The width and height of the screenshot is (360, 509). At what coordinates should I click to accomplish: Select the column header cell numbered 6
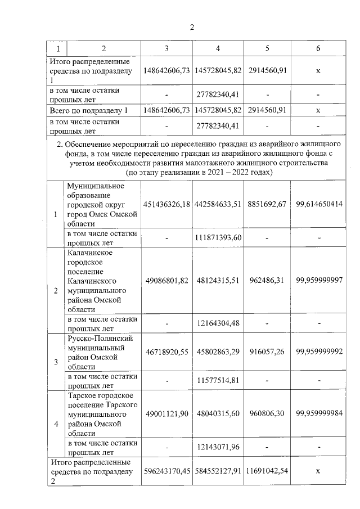point(318,48)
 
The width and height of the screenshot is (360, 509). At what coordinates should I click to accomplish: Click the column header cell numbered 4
point(218,48)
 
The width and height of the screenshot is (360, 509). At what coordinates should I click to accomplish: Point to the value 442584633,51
point(218,204)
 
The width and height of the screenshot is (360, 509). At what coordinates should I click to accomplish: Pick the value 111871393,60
point(218,237)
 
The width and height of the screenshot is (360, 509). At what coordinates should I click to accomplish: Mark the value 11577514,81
point(218,380)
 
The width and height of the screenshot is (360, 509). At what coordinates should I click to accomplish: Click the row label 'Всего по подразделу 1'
point(93,110)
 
